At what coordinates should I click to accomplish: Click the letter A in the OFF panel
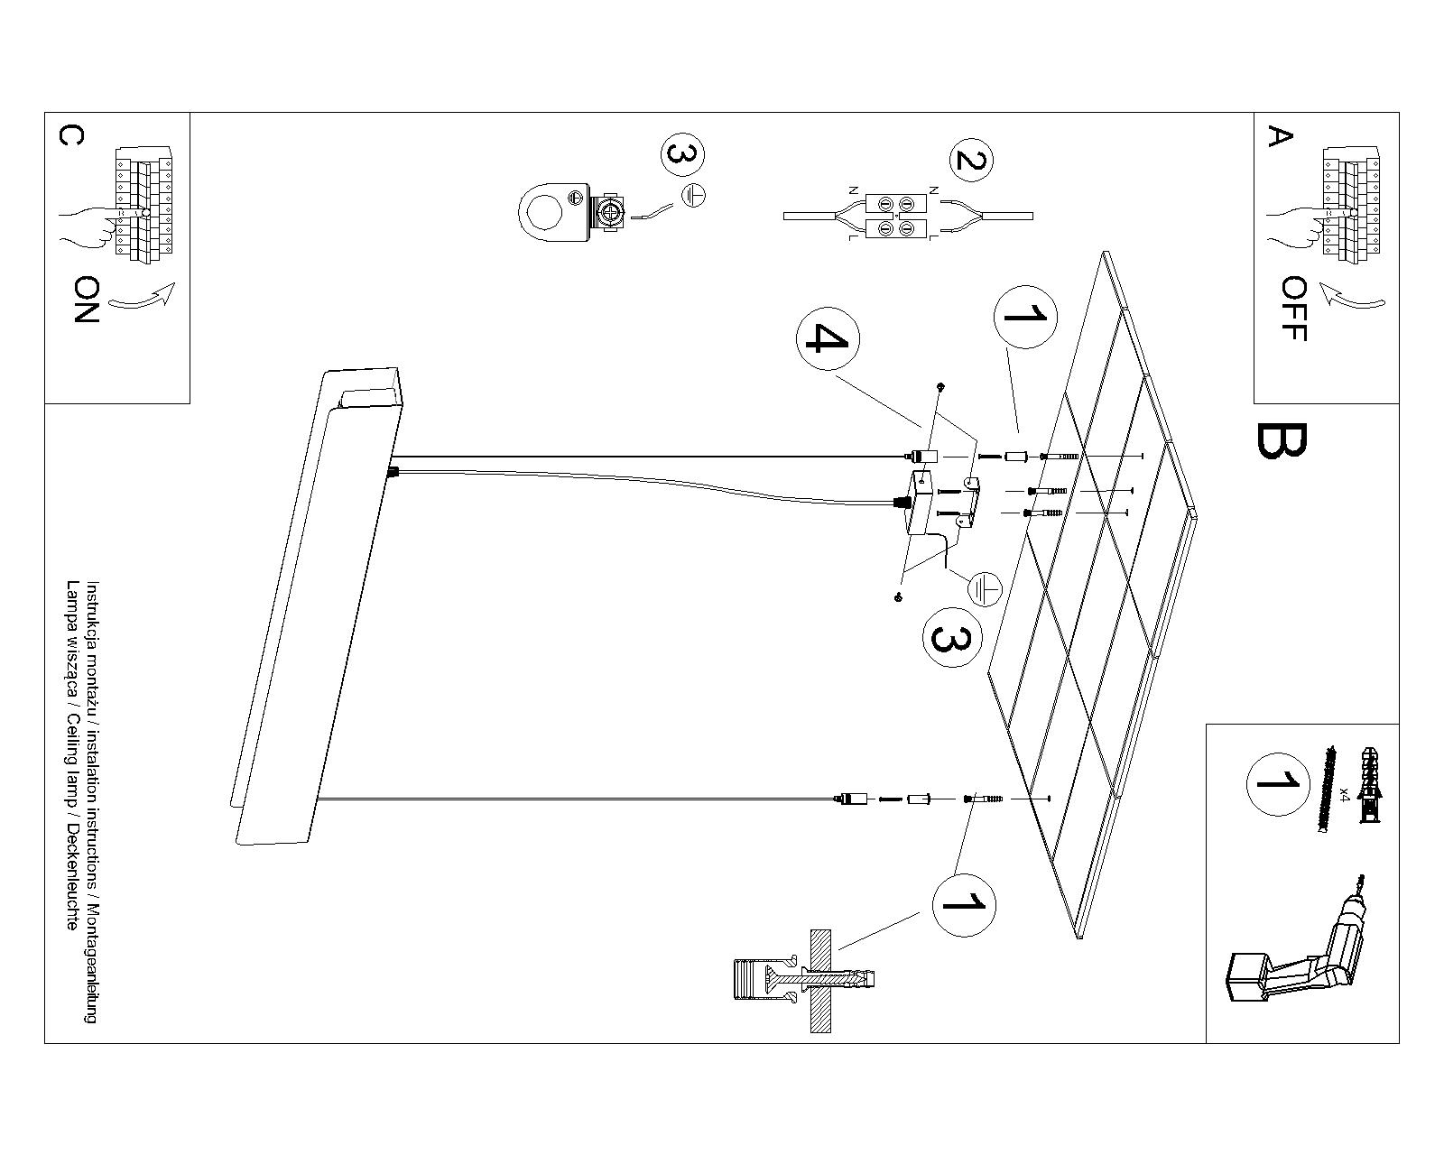(1281, 137)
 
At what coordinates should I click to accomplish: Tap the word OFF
(1293, 309)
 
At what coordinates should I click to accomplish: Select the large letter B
(1280, 440)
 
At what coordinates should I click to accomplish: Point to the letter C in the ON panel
(70, 135)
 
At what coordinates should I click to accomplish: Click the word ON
(87, 300)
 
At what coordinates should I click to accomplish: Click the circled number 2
(970, 162)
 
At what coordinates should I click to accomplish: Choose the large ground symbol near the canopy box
(986, 589)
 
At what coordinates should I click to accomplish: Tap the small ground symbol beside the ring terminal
(693, 194)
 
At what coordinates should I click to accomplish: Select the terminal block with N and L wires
(896, 217)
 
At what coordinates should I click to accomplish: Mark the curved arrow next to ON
(144, 299)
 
